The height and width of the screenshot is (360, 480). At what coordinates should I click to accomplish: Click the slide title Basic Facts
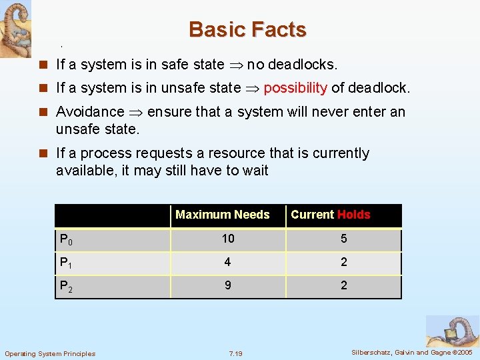(x=247, y=30)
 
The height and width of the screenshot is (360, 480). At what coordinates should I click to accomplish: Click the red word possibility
(x=295, y=88)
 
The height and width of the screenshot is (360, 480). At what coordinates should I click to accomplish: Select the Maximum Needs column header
(x=222, y=215)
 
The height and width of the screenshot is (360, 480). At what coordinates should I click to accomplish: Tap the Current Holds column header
(x=330, y=215)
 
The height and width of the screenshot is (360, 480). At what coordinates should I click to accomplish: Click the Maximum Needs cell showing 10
(x=228, y=239)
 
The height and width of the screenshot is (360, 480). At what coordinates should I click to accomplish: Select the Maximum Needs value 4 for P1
(x=228, y=262)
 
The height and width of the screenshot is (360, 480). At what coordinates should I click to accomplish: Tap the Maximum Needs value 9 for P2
(x=228, y=285)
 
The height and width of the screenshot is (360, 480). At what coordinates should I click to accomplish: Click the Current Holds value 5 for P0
(x=343, y=239)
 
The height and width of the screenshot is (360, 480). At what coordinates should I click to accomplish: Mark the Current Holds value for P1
(x=343, y=262)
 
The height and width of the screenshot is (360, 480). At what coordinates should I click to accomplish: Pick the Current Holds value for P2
(x=343, y=285)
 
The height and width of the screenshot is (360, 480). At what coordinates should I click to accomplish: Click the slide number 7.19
(x=235, y=353)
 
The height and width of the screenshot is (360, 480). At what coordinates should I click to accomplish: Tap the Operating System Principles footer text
(x=50, y=353)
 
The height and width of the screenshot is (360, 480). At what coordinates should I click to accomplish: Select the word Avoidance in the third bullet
(x=90, y=112)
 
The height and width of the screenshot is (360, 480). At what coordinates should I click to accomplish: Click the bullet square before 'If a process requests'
(x=44, y=153)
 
